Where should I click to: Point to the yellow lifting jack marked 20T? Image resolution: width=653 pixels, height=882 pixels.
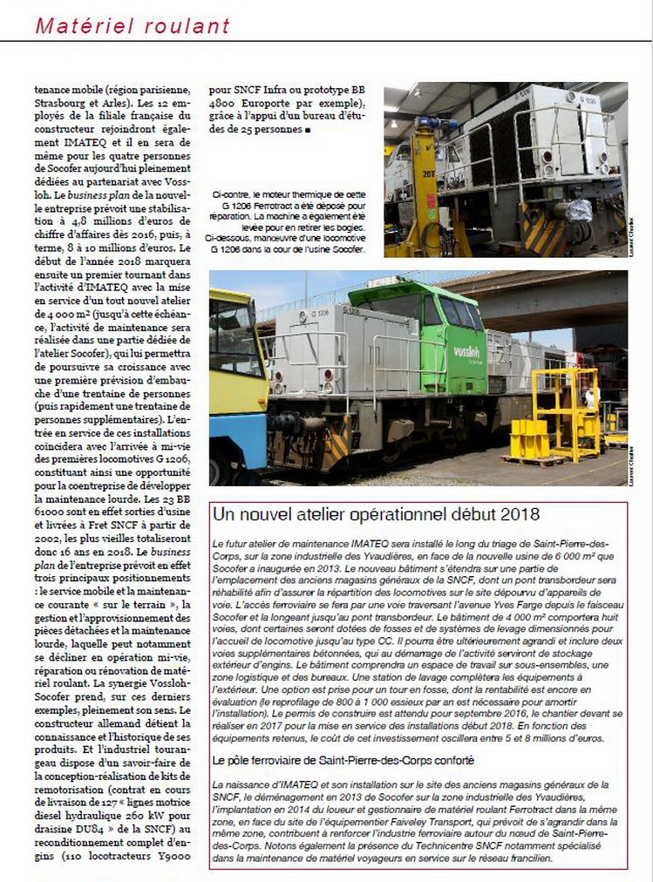pyautogui.click(x=423, y=187)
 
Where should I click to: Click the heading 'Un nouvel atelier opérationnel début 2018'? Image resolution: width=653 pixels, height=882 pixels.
pyautogui.click(x=376, y=514)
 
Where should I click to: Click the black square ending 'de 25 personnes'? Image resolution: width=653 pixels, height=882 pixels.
pyautogui.click(x=308, y=131)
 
